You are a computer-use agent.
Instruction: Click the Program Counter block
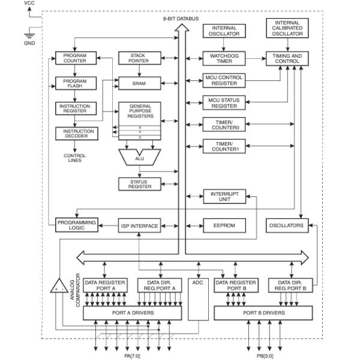[x=75, y=58]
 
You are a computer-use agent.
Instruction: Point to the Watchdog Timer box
[x=224, y=58]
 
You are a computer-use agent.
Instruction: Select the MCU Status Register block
[x=223, y=103]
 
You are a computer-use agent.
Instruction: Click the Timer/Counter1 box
[x=223, y=146]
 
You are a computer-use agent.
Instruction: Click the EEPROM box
[x=223, y=226]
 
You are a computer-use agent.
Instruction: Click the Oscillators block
[x=287, y=226]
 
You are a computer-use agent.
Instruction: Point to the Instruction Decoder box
[x=75, y=133]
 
